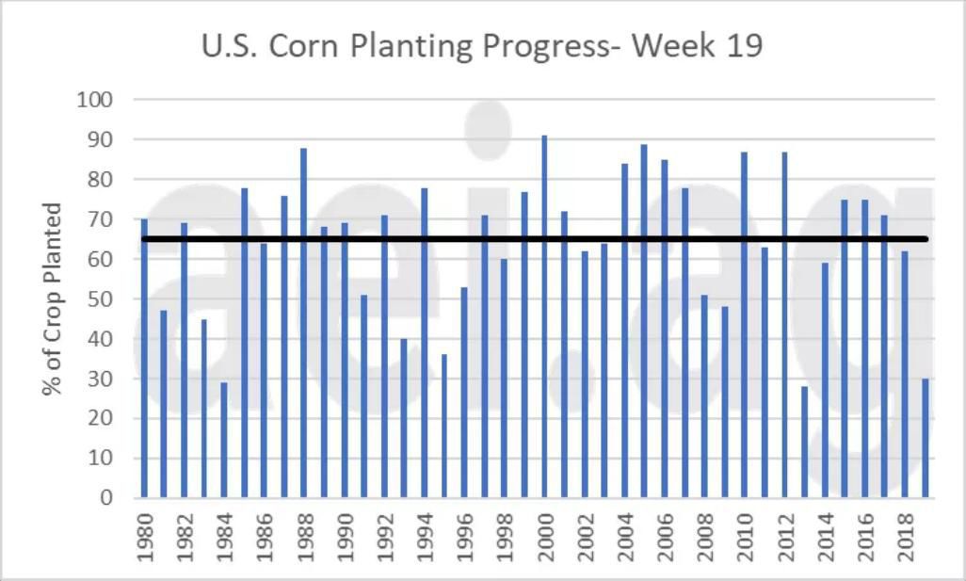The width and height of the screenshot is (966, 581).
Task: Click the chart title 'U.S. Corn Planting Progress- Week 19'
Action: (x=482, y=45)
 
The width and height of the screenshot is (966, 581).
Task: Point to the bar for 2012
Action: (x=784, y=324)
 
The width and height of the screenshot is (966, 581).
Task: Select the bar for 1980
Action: (x=144, y=358)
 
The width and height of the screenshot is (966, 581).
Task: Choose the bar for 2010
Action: (x=744, y=324)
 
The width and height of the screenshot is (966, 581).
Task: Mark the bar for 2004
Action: (x=624, y=330)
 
